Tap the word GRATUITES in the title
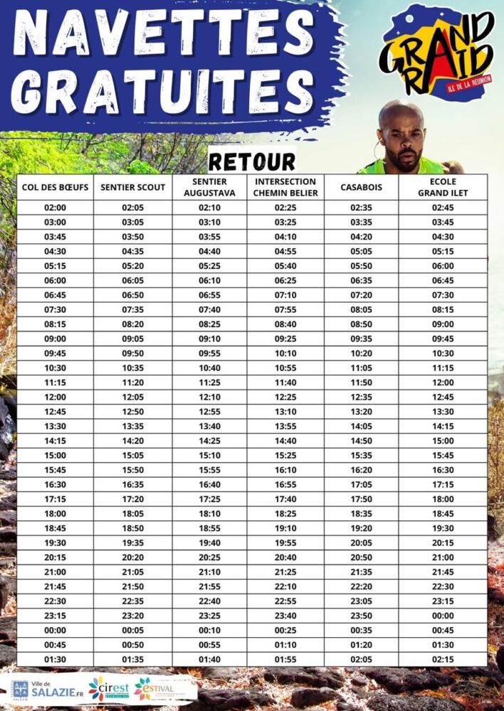click(x=153, y=92)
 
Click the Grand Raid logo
click(x=436, y=53)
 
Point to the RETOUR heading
click(x=252, y=161)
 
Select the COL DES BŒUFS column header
click(x=55, y=187)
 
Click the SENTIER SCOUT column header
click(x=133, y=187)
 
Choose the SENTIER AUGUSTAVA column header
click(x=209, y=187)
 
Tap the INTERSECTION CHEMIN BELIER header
click(x=285, y=187)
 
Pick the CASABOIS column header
click(x=361, y=187)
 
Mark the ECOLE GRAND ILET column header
click(x=443, y=187)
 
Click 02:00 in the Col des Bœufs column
click(x=55, y=208)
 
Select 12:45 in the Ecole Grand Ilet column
click(x=443, y=397)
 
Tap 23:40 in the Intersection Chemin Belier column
click(x=285, y=616)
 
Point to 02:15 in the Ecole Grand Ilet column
click(x=443, y=659)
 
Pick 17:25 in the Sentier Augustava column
click(x=209, y=499)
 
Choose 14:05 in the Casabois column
click(x=361, y=426)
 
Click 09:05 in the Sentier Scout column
click(x=133, y=338)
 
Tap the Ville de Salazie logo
click(x=42, y=689)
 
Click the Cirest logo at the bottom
click(x=108, y=689)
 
